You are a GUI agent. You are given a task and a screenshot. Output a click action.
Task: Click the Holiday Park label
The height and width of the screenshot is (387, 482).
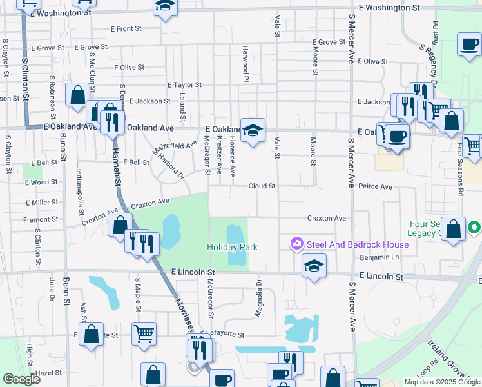pyautogui.click(x=232, y=247)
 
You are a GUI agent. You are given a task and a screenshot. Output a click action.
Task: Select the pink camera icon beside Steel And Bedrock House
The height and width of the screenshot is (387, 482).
pyautogui.click(x=297, y=244)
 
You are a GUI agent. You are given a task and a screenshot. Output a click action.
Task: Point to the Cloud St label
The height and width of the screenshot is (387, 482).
pyautogui.click(x=262, y=186)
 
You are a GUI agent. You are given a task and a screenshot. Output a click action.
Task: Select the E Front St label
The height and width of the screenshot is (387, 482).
pyautogui.click(x=126, y=28)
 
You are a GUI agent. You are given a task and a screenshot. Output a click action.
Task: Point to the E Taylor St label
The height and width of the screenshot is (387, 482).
pyautogui.click(x=184, y=84)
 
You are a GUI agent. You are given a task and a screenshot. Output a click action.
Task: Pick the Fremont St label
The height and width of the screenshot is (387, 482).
pyautogui.click(x=41, y=219)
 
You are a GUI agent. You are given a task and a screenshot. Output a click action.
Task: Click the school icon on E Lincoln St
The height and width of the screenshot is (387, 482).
pyautogui.click(x=314, y=266)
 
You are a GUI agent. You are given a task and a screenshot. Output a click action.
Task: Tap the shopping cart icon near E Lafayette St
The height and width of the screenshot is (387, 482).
pyautogui.click(x=144, y=334)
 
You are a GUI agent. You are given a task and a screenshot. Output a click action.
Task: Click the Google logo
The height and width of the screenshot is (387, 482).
pyautogui.click(x=21, y=379)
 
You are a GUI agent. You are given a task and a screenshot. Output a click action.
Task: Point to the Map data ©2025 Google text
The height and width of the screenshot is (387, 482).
pyautogui.click(x=442, y=382)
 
